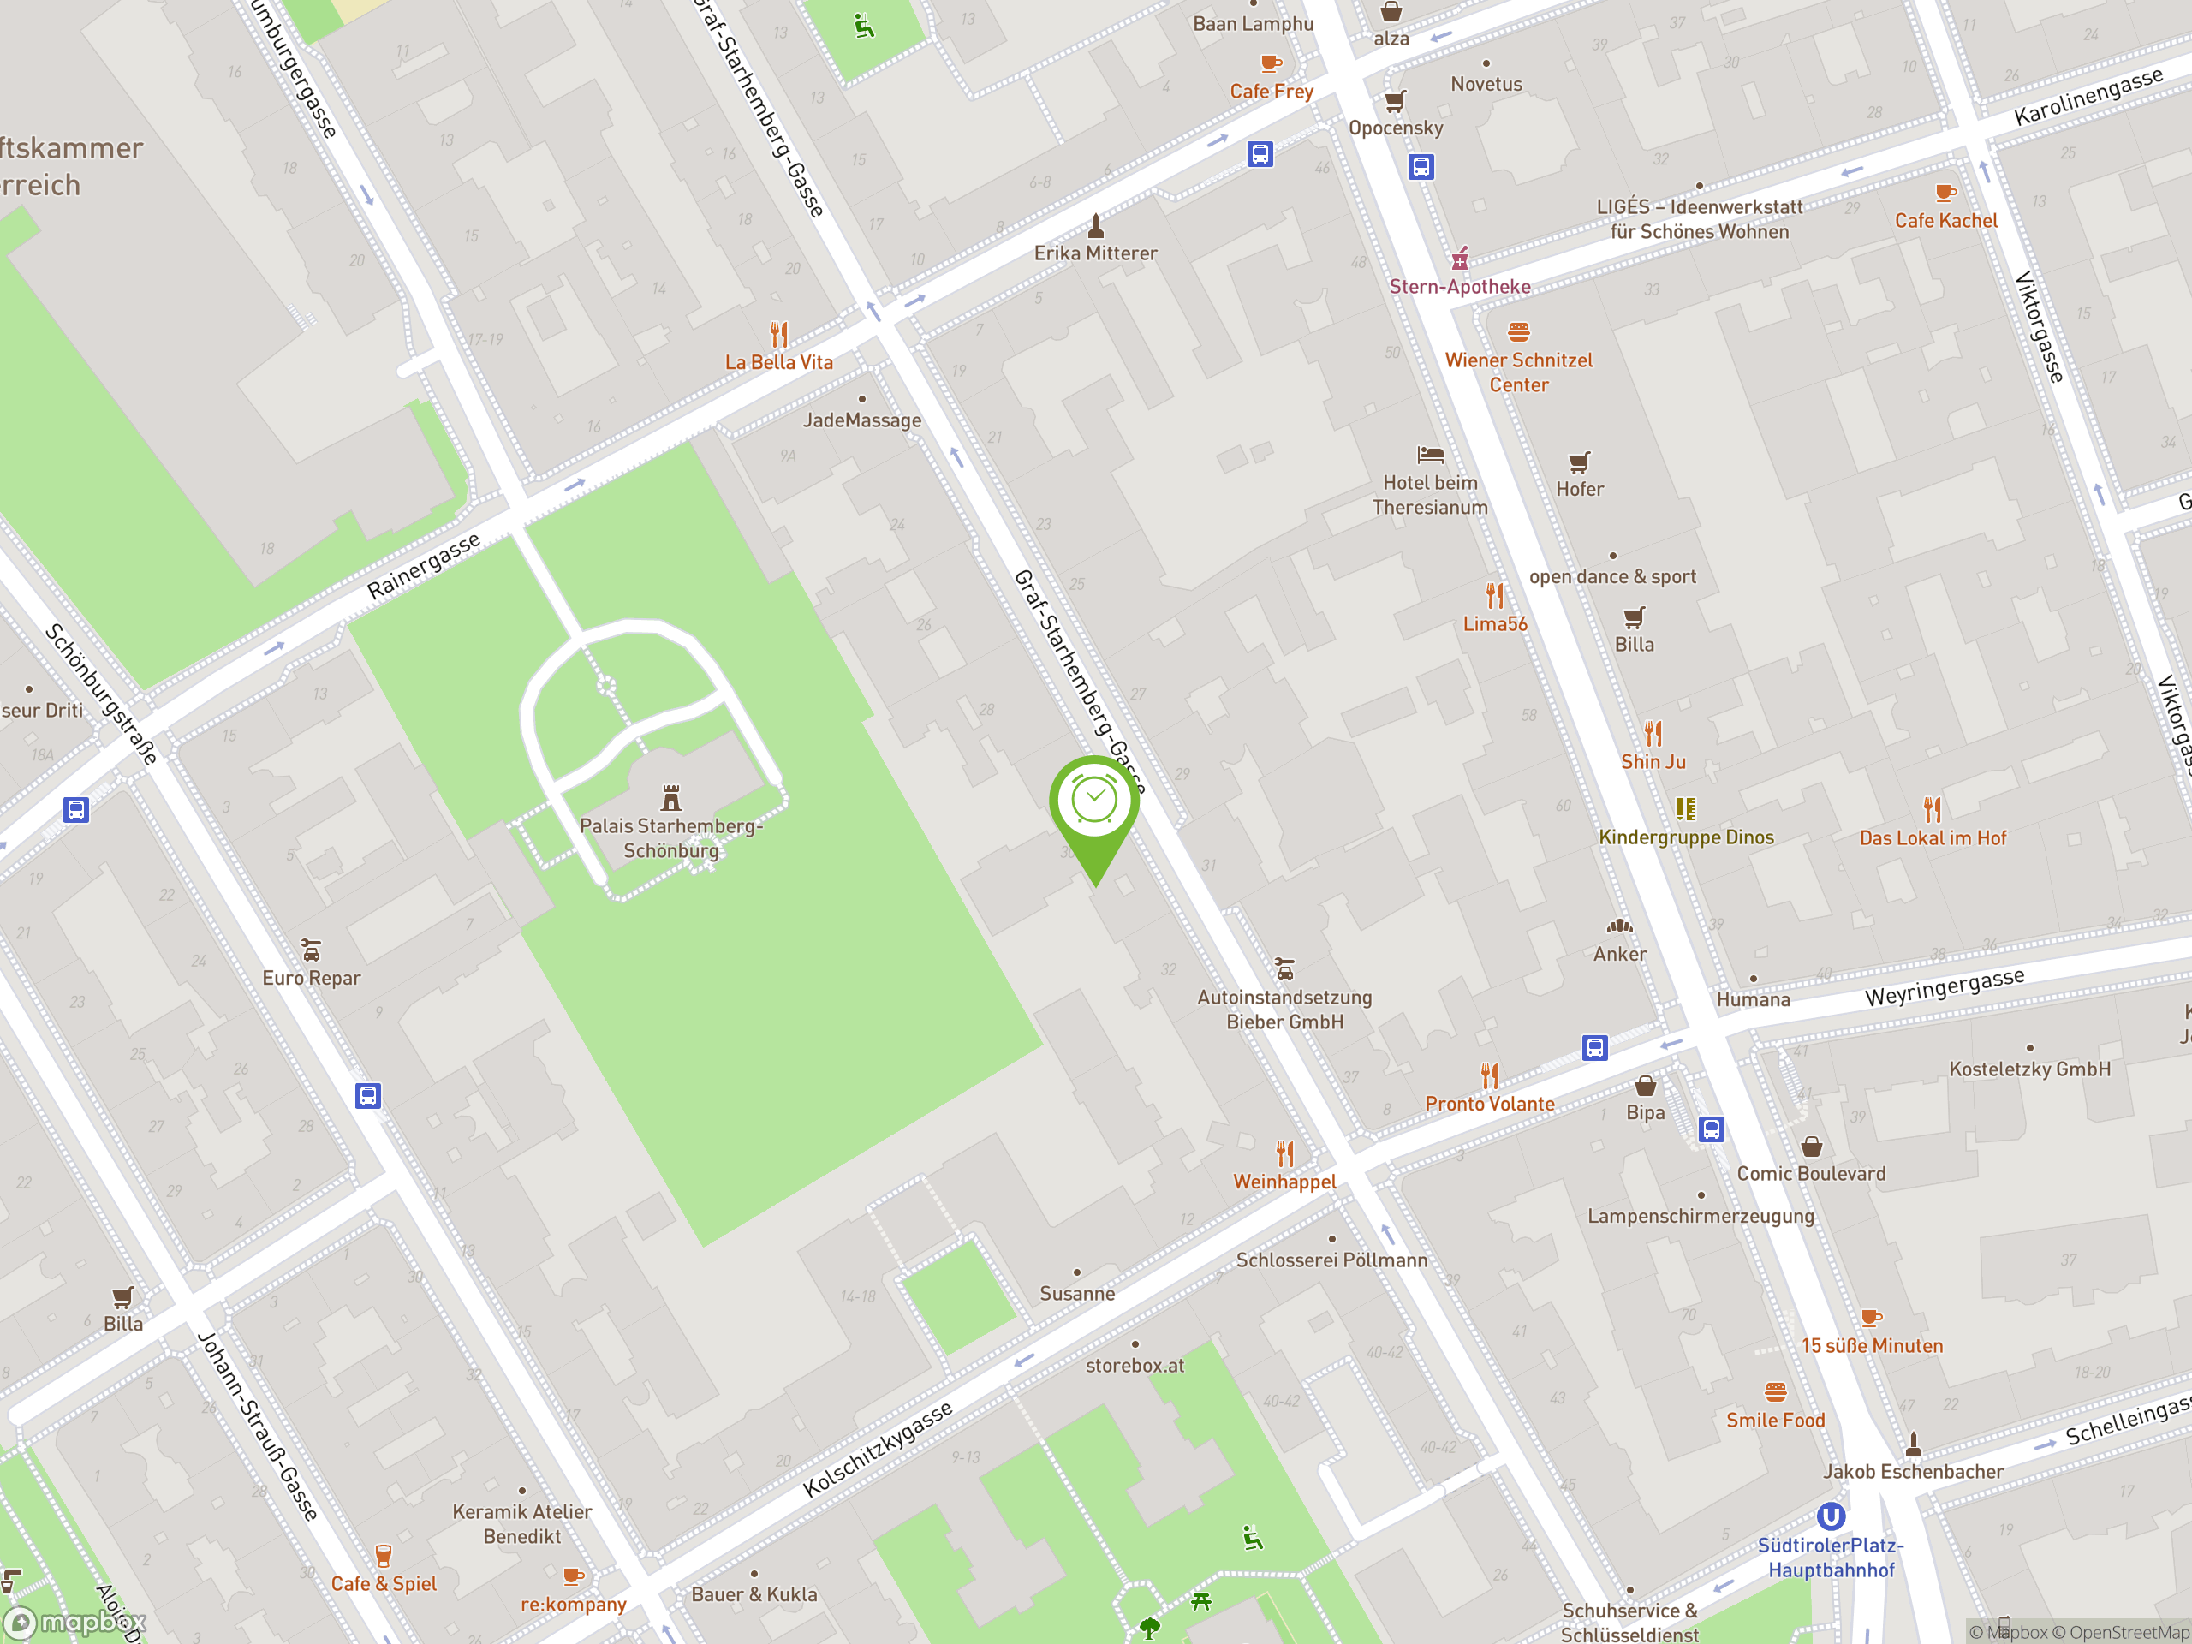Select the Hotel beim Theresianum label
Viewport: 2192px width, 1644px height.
click(x=1430, y=495)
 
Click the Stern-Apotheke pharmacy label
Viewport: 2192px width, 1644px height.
click(x=1460, y=286)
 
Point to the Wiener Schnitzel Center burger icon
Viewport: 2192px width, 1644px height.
click(x=1518, y=331)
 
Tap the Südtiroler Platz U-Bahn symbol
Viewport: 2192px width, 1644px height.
click(x=1831, y=1516)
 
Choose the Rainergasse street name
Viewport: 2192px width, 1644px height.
click(x=423, y=565)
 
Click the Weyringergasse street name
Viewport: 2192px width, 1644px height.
click(x=1945, y=987)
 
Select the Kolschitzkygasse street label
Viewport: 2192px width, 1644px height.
click(x=877, y=1449)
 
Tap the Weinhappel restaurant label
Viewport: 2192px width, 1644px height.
click(x=1284, y=1182)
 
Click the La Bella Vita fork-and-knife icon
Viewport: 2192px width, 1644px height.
click(x=779, y=335)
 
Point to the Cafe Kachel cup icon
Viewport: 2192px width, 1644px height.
click(x=1945, y=193)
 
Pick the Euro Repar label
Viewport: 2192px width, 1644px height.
click(x=311, y=978)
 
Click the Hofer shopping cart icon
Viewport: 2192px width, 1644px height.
click(x=1580, y=462)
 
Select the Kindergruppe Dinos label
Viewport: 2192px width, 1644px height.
click(x=1686, y=837)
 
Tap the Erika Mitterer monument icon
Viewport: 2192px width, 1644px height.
click(x=1095, y=226)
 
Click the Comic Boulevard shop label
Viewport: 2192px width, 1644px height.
click(x=1810, y=1173)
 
